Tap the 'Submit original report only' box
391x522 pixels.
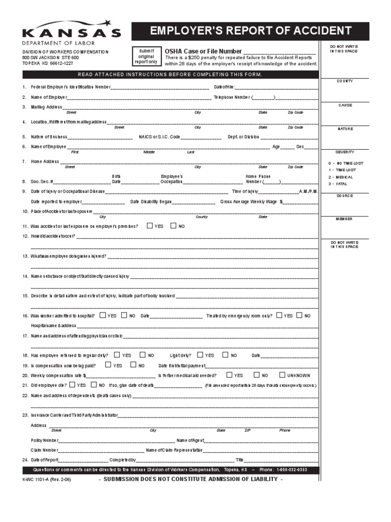[x=146, y=56]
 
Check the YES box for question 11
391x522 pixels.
[x=150, y=226]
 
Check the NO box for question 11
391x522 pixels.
[x=173, y=226]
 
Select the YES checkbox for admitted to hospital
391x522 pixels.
[x=103, y=316]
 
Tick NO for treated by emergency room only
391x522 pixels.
[x=299, y=316]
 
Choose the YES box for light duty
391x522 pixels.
[x=200, y=355]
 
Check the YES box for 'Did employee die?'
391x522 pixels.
[x=72, y=385]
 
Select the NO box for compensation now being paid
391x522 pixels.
[x=133, y=365]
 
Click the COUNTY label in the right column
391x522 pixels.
[x=345, y=81]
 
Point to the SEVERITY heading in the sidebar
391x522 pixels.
[x=345, y=152]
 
